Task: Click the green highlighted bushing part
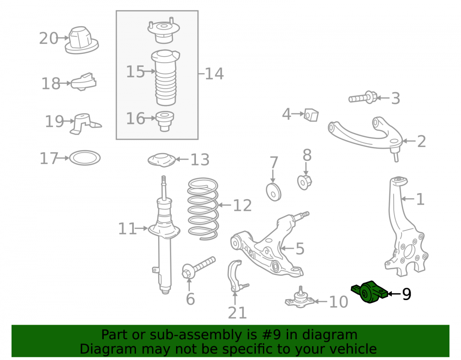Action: [x=369, y=292]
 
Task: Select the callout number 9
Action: [x=406, y=294]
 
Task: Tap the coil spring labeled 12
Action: [x=203, y=208]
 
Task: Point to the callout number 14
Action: [x=214, y=73]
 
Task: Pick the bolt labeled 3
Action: [x=363, y=98]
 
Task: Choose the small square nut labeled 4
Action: [x=311, y=115]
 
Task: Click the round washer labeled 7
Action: [x=273, y=192]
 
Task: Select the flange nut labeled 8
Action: [x=304, y=182]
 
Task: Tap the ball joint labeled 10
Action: [x=300, y=298]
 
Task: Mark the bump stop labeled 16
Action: [x=165, y=121]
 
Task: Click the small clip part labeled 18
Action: [x=84, y=82]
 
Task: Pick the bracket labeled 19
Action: [x=85, y=124]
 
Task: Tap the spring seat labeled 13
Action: [x=161, y=160]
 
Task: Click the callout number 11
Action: [x=127, y=229]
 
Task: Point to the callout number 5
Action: [x=300, y=249]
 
